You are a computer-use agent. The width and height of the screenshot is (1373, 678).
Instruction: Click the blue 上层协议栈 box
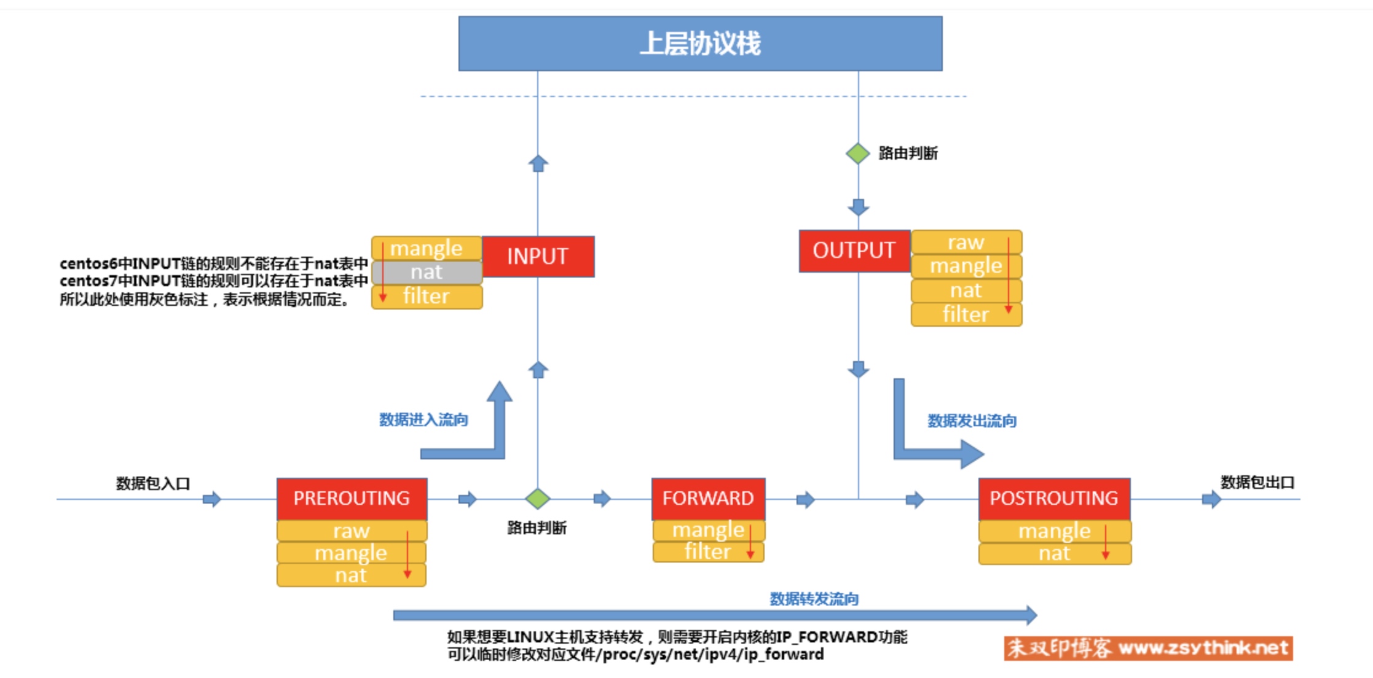click(x=700, y=44)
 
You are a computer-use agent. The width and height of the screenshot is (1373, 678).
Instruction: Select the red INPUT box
click(x=538, y=256)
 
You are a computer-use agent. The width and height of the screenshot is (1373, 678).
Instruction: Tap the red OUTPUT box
click(x=854, y=251)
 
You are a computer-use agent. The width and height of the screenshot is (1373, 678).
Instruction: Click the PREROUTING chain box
click(x=352, y=499)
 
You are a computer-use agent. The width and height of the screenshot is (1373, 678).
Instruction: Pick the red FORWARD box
click(x=708, y=499)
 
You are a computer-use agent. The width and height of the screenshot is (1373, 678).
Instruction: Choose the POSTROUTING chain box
click(x=1054, y=499)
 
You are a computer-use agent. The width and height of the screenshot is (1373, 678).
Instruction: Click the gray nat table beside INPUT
click(x=427, y=272)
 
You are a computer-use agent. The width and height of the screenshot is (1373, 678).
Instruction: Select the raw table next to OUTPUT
click(x=966, y=242)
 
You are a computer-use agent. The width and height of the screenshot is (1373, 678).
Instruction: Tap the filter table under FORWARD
click(x=708, y=551)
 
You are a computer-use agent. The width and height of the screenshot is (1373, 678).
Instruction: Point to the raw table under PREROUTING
click(x=352, y=531)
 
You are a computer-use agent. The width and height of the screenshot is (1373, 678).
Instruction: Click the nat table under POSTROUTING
click(x=1055, y=553)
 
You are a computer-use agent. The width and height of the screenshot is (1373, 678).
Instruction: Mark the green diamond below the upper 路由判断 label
click(x=858, y=154)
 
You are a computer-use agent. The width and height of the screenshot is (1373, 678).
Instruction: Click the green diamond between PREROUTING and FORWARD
click(x=538, y=499)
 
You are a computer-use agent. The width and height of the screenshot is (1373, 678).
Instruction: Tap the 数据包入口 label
click(x=153, y=483)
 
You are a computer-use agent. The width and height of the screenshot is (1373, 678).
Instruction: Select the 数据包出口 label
click(x=1257, y=482)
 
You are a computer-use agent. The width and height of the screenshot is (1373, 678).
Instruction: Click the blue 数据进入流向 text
click(x=423, y=419)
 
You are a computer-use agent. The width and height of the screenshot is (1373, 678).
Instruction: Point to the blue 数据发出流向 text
click(x=972, y=421)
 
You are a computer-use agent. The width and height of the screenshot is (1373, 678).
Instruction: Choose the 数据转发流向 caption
click(x=814, y=599)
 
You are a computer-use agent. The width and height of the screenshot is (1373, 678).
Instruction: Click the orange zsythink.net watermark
click(x=1148, y=648)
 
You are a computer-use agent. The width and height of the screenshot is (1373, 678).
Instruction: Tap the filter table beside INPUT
click(x=427, y=297)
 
